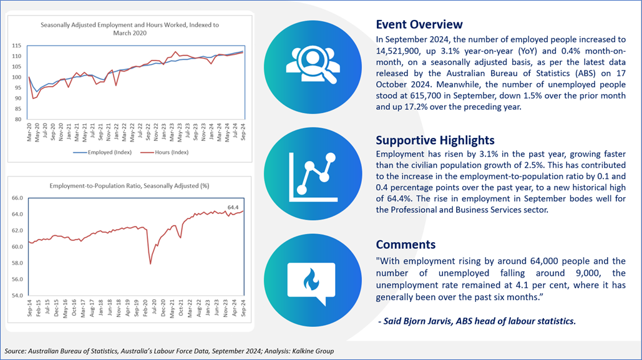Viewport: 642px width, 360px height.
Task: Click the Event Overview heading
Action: (x=419, y=24)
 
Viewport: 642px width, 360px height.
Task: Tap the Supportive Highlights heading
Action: (x=435, y=140)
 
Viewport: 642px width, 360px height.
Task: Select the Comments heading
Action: (x=406, y=245)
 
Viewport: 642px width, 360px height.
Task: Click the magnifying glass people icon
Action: (x=313, y=65)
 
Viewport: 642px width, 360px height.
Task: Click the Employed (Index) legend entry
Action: (x=102, y=152)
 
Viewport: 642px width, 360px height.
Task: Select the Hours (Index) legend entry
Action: (x=164, y=152)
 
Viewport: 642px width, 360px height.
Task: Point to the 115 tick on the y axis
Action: (x=16, y=46)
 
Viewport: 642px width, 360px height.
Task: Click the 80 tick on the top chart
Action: (x=18, y=120)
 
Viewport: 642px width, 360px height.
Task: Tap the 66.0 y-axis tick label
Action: (x=17, y=198)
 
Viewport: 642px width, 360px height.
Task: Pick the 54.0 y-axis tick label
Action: (x=17, y=295)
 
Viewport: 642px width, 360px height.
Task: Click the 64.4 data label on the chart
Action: (x=233, y=207)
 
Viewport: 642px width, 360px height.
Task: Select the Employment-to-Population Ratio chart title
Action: (x=129, y=186)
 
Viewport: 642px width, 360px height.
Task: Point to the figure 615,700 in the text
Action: (x=460, y=96)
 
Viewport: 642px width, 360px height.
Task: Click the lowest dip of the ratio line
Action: (x=150, y=264)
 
